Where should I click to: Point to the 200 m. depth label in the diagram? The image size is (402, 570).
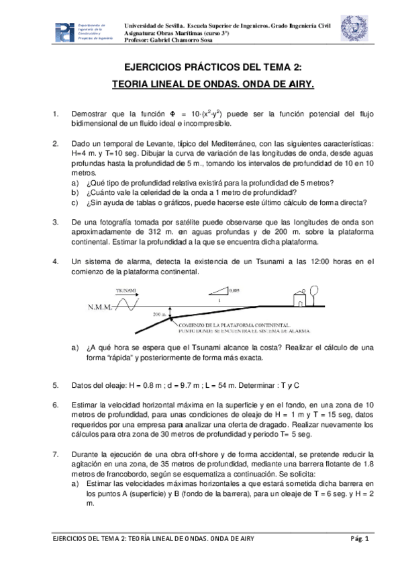(x=159, y=314)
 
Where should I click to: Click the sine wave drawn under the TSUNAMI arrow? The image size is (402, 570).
(x=128, y=305)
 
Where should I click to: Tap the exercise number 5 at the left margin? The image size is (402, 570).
(x=55, y=385)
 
